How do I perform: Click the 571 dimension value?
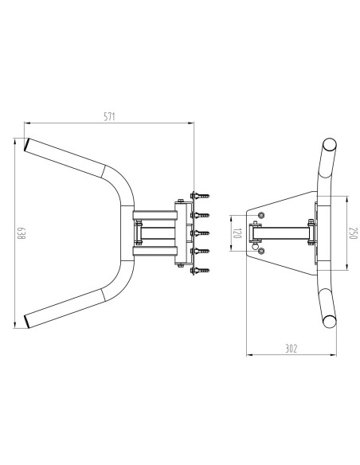[109, 116]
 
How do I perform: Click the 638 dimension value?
[21, 233]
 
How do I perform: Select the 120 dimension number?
[237, 233]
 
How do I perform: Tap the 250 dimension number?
[354, 233]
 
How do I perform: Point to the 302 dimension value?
[291, 349]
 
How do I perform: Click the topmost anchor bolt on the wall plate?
[200, 196]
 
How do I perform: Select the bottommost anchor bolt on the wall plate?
[200, 270]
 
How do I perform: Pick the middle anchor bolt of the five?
[200, 233]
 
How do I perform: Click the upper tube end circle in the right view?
[330, 145]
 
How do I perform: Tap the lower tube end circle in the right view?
[330, 321]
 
